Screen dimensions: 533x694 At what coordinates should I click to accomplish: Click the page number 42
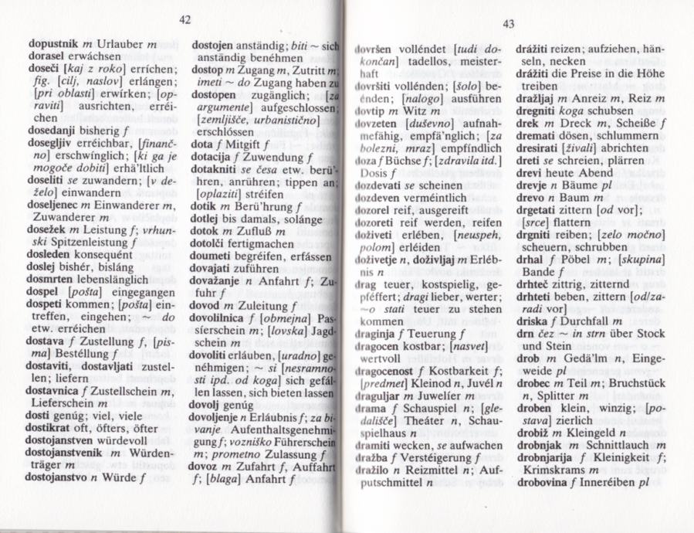pyautogui.click(x=184, y=19)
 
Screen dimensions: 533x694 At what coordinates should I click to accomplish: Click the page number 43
pyautogui.click(x=507, y=24)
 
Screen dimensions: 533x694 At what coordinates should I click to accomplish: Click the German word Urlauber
pyautogui.click(x=117, y=46)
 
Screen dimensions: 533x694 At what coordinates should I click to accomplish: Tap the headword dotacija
pyautogui.click(x=212, y=154)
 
